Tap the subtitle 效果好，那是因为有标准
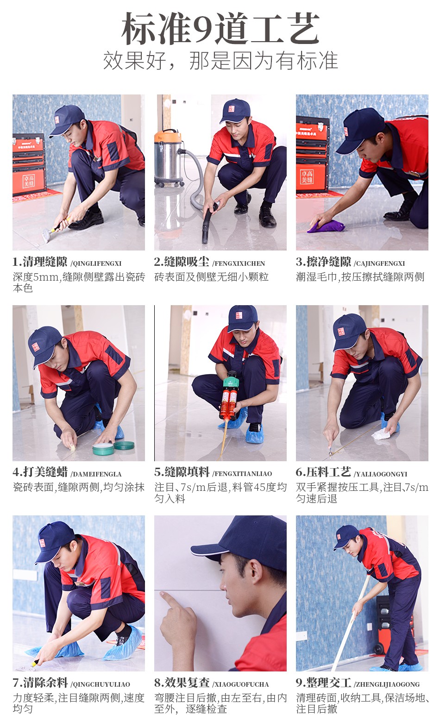pos(220,60)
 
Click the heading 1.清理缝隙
pos(39,262)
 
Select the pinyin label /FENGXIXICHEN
pos(239,263)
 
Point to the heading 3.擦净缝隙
pos(323,262)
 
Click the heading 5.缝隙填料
pos(182,472)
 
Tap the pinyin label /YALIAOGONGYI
pos(380,474)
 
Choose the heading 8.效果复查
pos(182,683)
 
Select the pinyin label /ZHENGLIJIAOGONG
pos(387,684)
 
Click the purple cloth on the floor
pos(326,226)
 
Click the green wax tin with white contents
pos(103,449)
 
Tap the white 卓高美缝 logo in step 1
pos(29,181)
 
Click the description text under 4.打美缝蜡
pos(79,487)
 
